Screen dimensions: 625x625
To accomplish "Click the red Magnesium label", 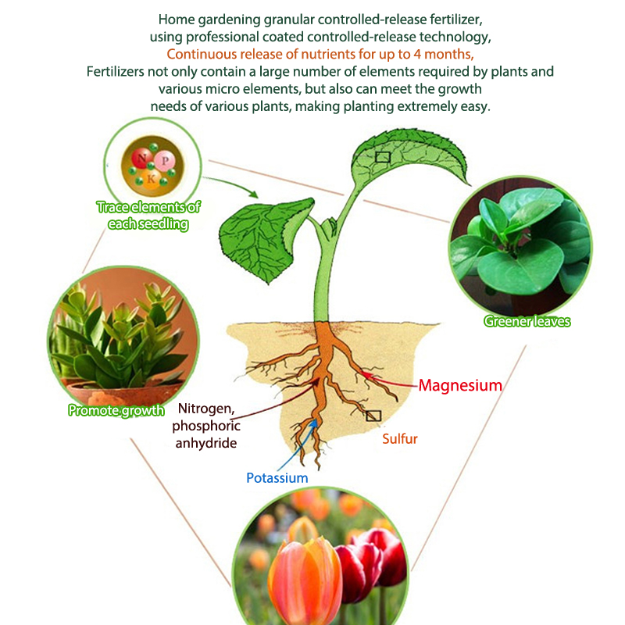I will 460,385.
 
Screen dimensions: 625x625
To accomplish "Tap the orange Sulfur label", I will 400,439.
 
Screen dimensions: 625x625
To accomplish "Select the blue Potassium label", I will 277,477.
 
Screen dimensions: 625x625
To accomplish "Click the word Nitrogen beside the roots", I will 206,409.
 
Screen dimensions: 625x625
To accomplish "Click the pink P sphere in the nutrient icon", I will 165,159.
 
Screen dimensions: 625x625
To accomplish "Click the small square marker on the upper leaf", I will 383,156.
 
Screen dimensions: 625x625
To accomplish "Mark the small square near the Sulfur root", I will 373,416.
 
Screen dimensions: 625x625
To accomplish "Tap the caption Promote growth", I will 116,410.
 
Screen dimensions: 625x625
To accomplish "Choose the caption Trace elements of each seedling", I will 148,216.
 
